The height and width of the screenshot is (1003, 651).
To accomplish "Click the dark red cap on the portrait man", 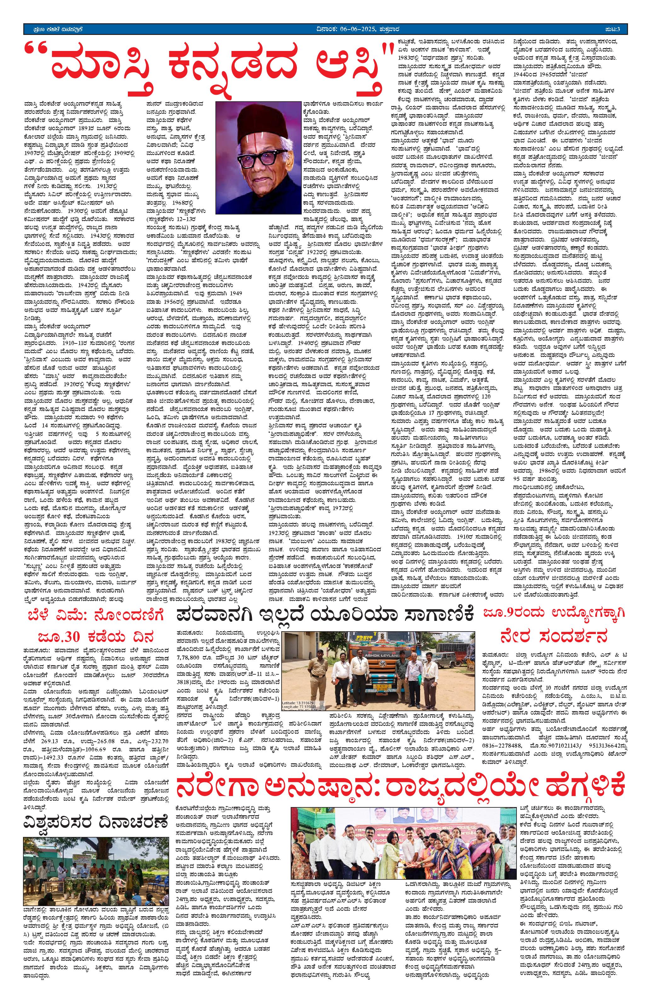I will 255,118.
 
